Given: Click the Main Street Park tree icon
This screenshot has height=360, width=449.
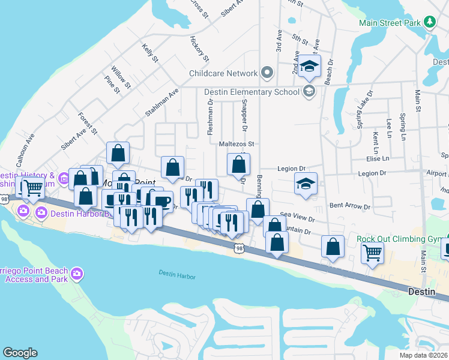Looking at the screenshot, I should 429,23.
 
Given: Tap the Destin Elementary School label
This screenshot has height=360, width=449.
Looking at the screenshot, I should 252,92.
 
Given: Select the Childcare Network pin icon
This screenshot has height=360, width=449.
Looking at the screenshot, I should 268,73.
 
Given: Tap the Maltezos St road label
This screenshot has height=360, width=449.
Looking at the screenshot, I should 237,144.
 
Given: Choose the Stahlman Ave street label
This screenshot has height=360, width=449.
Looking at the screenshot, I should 162,103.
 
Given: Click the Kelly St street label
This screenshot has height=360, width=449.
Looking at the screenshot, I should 150,53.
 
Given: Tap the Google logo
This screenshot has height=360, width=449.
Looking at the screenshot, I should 20,353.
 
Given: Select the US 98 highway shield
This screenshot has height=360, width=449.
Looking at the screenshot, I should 239,248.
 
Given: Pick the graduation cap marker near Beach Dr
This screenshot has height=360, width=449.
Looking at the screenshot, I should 309,66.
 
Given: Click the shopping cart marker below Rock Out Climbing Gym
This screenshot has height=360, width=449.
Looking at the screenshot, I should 372,253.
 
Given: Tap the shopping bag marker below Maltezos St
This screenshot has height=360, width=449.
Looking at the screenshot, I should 238,164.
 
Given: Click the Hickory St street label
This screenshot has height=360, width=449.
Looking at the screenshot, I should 199,50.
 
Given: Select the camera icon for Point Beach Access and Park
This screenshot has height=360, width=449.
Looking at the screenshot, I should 76,274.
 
